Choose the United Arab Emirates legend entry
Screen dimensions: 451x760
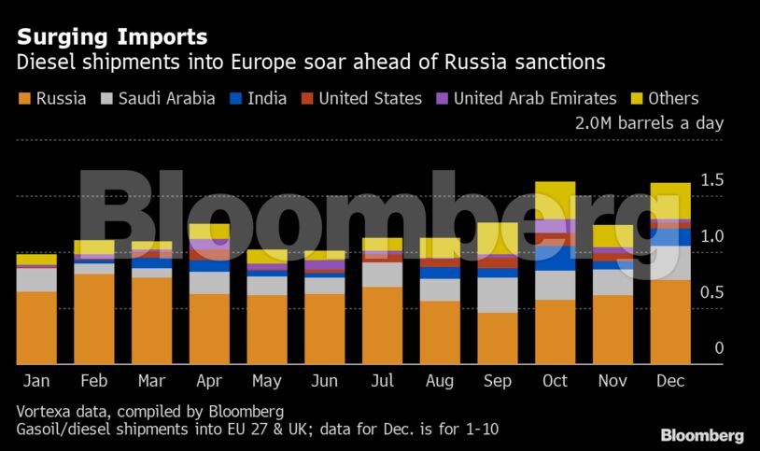click(525, 98)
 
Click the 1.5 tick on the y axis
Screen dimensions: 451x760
click(712, 180)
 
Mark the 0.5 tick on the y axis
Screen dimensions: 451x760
click(712, 292)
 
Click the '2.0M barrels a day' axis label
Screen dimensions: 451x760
click(651, 123)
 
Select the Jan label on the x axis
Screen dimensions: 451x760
click(36, 381)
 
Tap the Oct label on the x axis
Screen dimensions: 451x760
click(555, 381)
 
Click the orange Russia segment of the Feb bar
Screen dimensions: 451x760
click(94, 317)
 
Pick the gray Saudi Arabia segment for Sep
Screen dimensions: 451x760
click(498, 294)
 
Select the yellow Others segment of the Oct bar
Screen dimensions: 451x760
click(555, 200)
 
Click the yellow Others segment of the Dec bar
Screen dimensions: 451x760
click(670, 200)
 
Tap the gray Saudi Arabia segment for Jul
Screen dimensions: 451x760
click(383, 275)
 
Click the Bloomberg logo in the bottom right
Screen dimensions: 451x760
click(702, 435)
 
